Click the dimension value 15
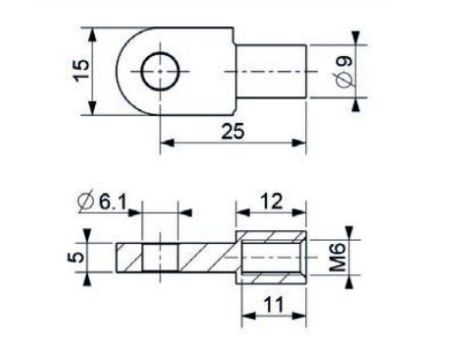tap(82, 70)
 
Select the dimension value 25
tap(233, 131)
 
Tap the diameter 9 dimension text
tap(344, 72)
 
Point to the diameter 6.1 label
tap(102, 202)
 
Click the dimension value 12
tap(271, 201)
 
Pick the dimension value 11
tap(273, 304)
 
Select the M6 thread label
tap(338, 257)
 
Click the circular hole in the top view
tap(160, 71)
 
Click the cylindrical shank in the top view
tap(271, 71)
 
